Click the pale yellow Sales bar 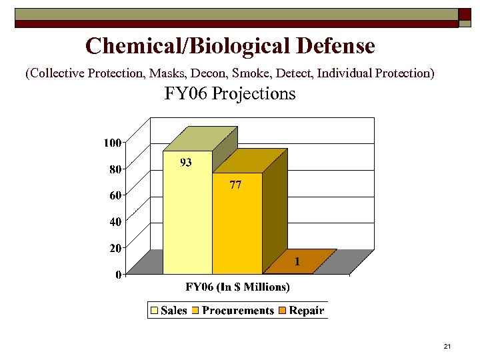(187, 220)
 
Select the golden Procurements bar (237, 227)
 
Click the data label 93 (186, 163)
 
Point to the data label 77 (235, 185)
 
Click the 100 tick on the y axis (112, 143)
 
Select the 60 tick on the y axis (115, 195)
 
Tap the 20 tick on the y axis (115, 248)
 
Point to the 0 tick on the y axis (118, 275)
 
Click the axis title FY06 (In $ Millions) (237, 287)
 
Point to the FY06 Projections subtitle (230, 94)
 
